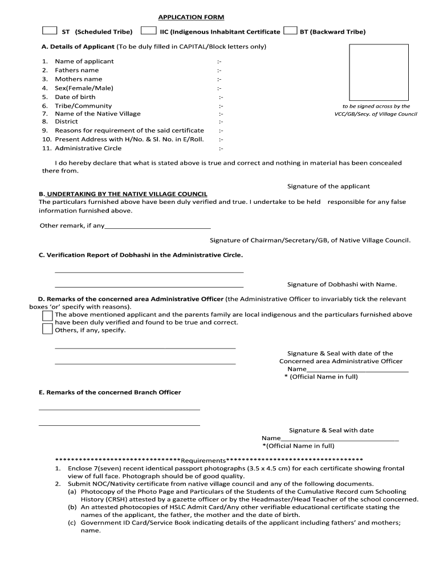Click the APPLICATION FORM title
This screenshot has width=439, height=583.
click(191, 18)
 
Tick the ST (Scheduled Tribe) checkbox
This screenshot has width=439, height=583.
click(50, 31)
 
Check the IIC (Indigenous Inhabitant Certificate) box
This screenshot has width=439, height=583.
click(148, 31)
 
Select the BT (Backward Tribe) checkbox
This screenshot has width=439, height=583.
click(290, 31)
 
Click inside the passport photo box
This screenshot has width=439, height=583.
click(379, 72)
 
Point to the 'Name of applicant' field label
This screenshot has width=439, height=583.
click(84, 61)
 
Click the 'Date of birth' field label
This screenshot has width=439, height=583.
click(75, 97)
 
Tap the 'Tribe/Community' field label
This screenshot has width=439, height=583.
click(83, 106)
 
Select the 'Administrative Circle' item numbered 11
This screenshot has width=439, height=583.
click(88, 148)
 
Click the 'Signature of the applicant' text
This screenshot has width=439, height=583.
click(328, 186)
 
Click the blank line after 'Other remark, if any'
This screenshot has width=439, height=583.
click(158, 226)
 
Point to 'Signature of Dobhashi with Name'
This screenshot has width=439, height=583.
click(342, 284)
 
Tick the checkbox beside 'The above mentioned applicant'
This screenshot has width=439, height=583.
click(48, 315)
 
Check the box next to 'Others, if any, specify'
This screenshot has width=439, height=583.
click(48, 329)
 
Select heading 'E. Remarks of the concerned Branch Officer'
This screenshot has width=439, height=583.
click(109, 392)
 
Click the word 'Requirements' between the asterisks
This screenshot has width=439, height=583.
click(203, 460)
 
